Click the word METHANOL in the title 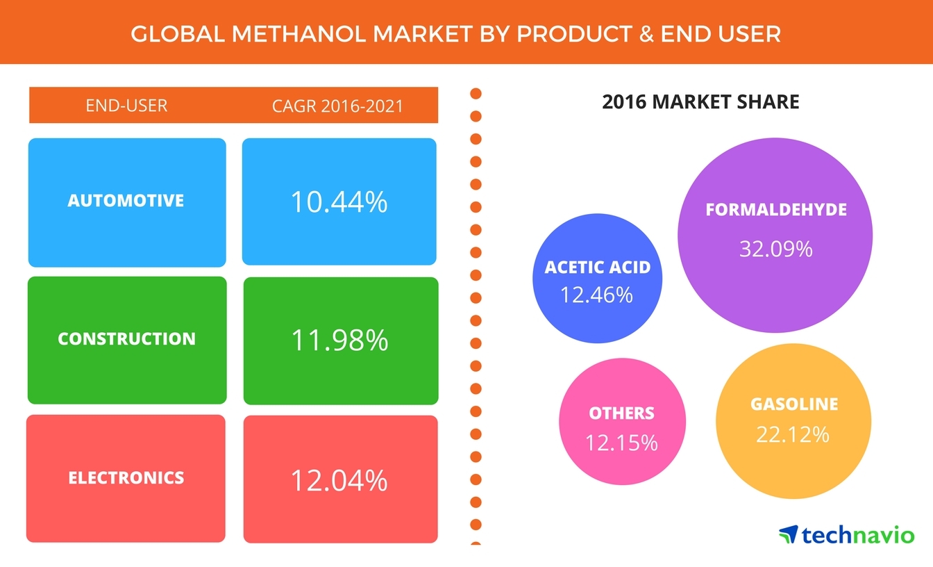click(280, 33)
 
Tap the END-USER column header click(126, 106)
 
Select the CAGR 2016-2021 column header click(338, 106)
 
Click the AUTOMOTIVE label click(126, 201)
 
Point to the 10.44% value click(339, 202)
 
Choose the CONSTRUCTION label click(126, 339)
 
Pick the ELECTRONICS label click(126, 478)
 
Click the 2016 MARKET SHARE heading click(700, 102)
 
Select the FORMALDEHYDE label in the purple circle click(776, 209)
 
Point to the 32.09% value click(775, 248)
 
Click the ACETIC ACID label click(598, 268)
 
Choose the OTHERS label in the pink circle click(621, 413)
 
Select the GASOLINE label click(794, 404)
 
